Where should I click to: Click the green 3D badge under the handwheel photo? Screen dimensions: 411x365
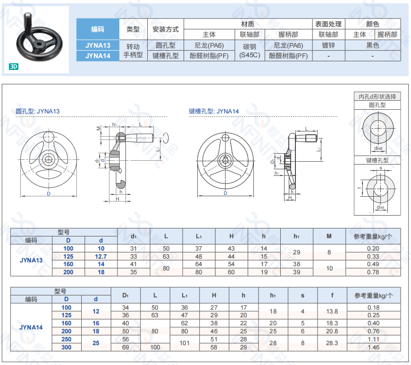[14, 67]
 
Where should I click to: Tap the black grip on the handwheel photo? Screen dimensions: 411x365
[27, 20]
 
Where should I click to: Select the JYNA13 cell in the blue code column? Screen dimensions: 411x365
[98, 45]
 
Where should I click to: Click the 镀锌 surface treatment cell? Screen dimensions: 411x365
[328, 45]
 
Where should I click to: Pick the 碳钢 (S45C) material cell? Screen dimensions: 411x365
[250, 51]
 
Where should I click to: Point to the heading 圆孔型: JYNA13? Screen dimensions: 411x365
[37, 111]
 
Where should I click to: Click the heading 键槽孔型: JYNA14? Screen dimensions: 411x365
[214, 111]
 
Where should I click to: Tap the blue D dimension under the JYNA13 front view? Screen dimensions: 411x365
[49, 193]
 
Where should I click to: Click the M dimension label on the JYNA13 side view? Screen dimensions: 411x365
[99, 129]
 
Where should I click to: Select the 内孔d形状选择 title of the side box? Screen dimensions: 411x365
[377, 96]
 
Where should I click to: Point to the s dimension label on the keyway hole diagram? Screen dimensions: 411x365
[381, 168]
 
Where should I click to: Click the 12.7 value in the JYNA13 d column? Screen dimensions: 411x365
[101, 257]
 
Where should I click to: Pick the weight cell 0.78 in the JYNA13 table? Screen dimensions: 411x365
[373, 272]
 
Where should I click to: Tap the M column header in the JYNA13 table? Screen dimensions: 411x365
[329, 236]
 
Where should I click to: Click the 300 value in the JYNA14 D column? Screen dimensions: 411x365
[67, 348]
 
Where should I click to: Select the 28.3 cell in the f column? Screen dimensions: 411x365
[332, 343]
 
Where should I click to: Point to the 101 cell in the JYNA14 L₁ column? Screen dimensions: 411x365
[185, 343]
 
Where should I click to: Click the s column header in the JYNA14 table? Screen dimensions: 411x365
[302, 295]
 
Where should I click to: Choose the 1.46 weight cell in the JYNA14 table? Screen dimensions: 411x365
[374, 348]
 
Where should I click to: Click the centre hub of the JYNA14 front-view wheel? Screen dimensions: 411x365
[225, 161]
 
